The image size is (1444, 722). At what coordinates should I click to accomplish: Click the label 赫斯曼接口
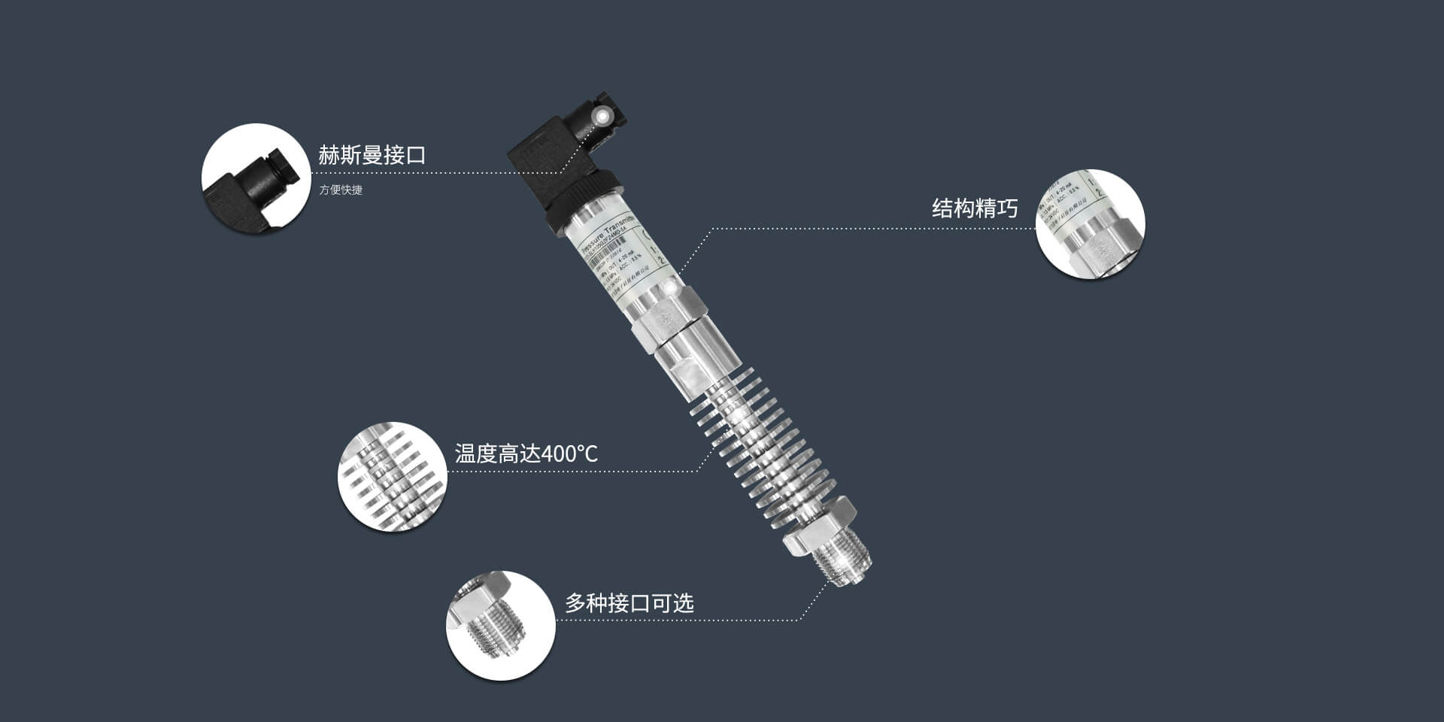(372, 156)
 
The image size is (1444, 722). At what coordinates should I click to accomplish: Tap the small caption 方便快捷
(341, 190)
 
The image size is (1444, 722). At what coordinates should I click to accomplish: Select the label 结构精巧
(974, 208)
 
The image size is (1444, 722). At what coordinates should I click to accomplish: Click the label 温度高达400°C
(526, 454)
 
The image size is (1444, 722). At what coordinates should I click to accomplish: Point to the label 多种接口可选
(629, 603)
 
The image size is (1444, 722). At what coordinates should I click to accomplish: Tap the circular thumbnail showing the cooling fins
(392, 476)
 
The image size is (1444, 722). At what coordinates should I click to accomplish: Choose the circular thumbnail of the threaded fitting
(500, 625)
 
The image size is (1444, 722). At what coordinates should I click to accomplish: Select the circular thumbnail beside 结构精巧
(1090, 223)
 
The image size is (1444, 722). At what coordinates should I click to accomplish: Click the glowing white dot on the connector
(602, 116)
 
